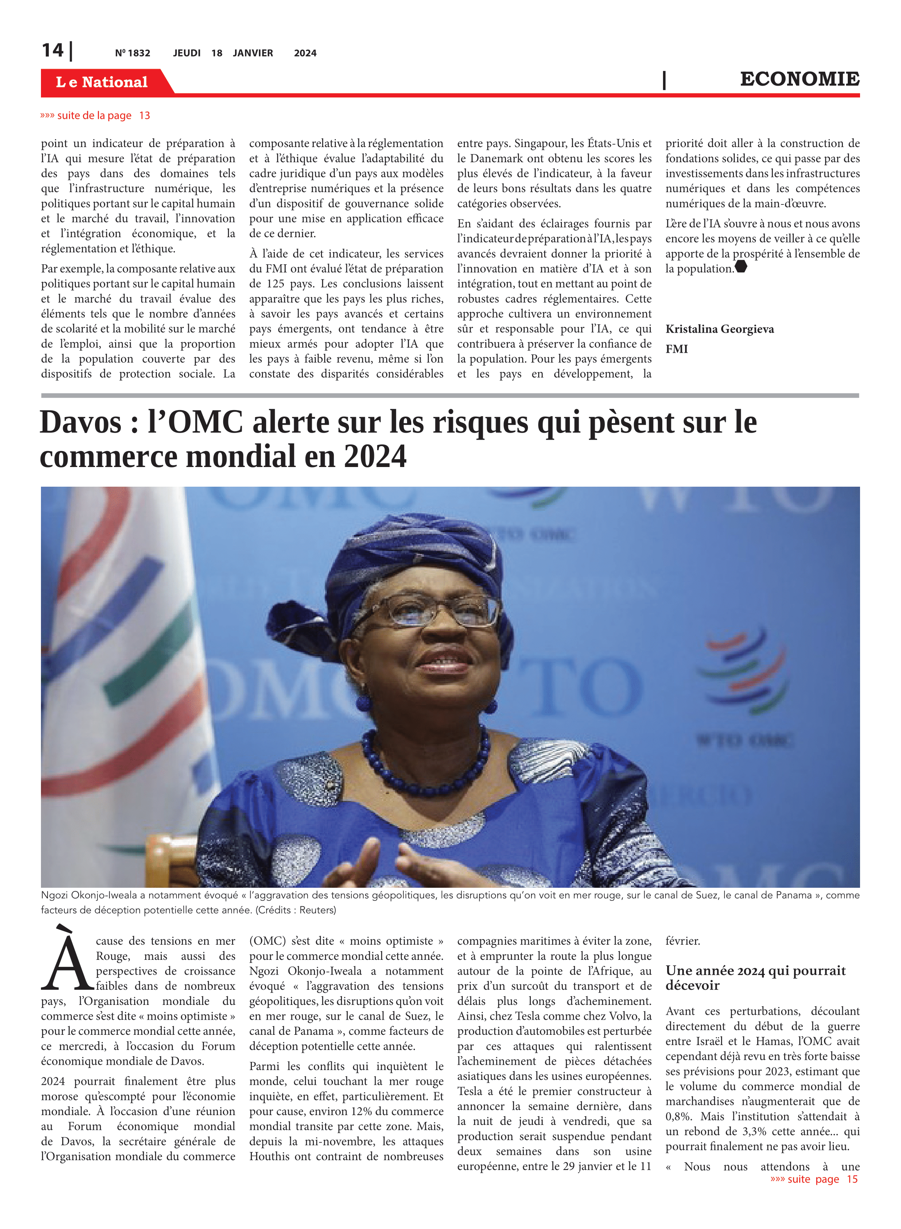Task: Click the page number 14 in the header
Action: pos(53,50)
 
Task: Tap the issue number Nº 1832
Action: pos(133,53)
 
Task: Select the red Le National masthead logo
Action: pos(102,82)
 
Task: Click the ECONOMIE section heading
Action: pos(799,79)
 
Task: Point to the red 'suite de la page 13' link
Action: pos(95,116)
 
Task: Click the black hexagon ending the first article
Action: pos(740,267)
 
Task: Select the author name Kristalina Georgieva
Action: pos(720,329)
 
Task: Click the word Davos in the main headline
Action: pos(81,423)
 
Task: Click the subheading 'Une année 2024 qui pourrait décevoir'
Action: pos(755,977)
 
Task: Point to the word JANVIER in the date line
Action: pos(253,53)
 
